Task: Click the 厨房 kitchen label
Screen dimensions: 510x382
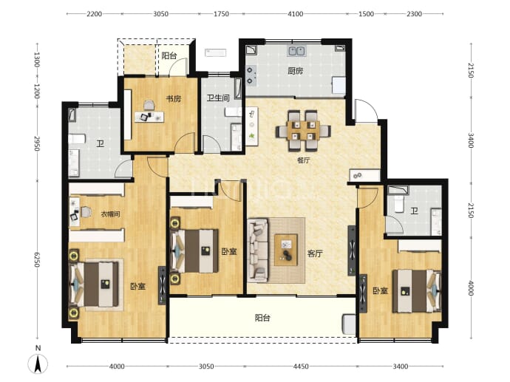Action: click(x=296, y=71)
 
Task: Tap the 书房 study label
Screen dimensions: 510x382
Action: click(x=174, y=98)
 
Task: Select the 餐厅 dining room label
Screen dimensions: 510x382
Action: click(x=303, y=160)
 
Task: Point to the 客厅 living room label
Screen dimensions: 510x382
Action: click(x=315, y=253)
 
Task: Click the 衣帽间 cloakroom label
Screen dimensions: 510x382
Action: click(x=110, y=214)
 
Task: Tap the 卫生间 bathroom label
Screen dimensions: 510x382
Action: click(x=218, y=98)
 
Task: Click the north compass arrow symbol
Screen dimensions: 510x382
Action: click(x=38, y=364)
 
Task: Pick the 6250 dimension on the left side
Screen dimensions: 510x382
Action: click(x=36, y=259)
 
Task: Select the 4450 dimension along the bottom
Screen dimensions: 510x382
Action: click(x=301, y=366)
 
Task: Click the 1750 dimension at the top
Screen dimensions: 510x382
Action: click(x=221, y=14)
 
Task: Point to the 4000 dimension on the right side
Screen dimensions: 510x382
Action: click(x=470, y=287)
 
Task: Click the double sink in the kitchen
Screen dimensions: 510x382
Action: click(x=296, y=51)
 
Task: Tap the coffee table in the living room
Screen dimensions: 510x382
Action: click(x=286, y=250)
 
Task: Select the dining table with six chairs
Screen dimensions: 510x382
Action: click(x=304, y=131)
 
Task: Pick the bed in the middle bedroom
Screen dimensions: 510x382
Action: click(x=194, y=251)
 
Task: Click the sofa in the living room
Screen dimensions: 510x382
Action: click(x=258, y=250)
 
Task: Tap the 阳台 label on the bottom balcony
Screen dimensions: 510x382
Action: click(x=262, y=318)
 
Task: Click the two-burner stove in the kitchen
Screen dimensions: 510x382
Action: click(x=251, y=75)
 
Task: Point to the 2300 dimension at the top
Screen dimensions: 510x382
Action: click(x=414, y=14)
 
